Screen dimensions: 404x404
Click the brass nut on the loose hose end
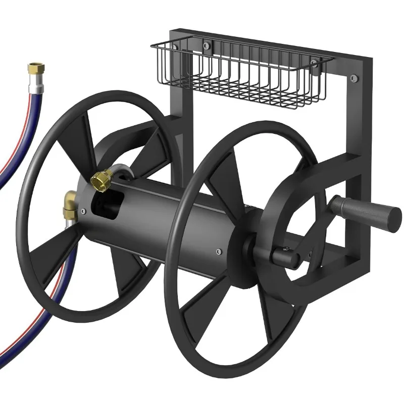pyautogui.click(x=35, y=67)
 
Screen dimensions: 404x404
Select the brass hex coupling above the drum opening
pyautogui.click(x=101, y=179)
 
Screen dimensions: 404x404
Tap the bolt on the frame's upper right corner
pyautogui.click(x=353, y=77)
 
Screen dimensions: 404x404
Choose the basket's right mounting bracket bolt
pyautogui.click(x=315, y=64)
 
